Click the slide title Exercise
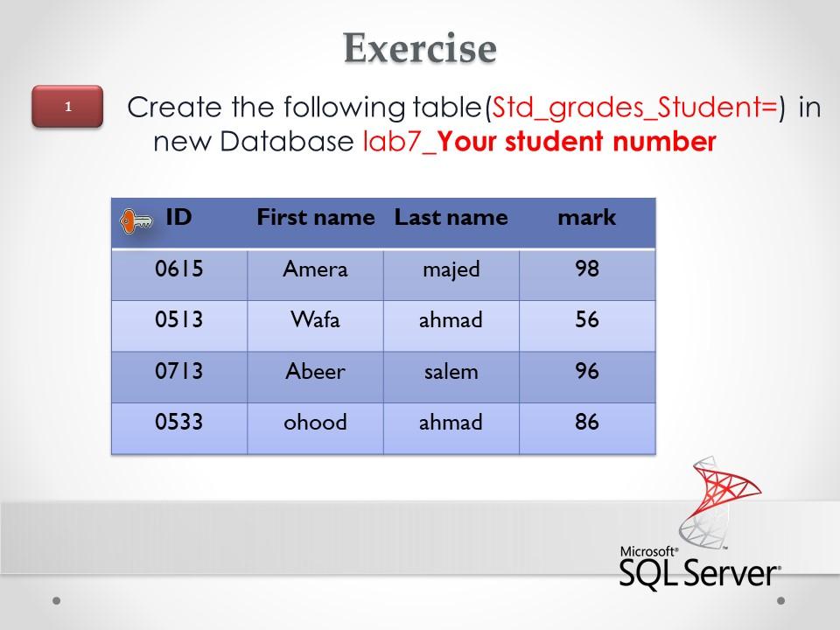click(x=420, y=47)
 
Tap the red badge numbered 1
click(x=67, y=107)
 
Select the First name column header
click(x=315, y=218)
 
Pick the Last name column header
click(x=451, y=218)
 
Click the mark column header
click(x=587, y=218)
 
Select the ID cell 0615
click(x=179, y=269)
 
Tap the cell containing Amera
click(x=315, y=269)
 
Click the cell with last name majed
click(x=451, y=269)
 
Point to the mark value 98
click(x=587, y=269)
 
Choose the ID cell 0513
click(x=179, y=320)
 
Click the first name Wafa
click(x=315, y=320)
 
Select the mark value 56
click(x=587, y=320)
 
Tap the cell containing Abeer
click(x=315, y=372)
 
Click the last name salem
click(x=451, y=372)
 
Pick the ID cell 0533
click(x=179, y=423)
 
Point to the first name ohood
click(x=315, y=423)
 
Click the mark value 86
click(x=587, y=423)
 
